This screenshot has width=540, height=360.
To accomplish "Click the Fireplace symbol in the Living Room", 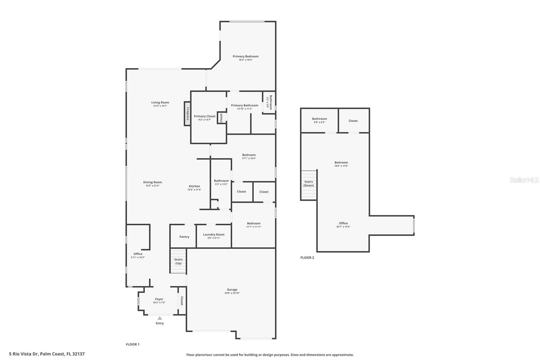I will pyautogui.click(x=187, y=114).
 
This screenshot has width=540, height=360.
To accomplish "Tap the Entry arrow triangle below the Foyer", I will pyautogui.click(x=160, y=318).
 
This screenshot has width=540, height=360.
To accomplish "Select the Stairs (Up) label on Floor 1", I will pyautogui.click(x=178, y=261).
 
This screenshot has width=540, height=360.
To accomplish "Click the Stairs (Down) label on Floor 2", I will pyautogui.click(x=308, y=183).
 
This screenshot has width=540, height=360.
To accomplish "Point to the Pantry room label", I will pyautogui.click(x=184, y=237).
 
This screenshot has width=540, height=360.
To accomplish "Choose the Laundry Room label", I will pyautogui.click(x=214, y=234).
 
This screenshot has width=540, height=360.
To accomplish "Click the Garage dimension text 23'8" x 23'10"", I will pyautogui.click(x=232, y=293).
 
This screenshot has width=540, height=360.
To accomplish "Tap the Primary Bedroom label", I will pyautogui.click(x=245, y=56).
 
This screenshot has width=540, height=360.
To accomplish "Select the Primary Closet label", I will pyautogui.click(x=205, y=116).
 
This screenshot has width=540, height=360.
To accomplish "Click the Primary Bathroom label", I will pyautogui.click(x=244, y=105).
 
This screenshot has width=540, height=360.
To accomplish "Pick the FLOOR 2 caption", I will pyautogui.click(x=307, y=258).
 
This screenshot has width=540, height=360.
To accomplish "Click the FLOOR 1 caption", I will pyautogui.click(x=133, y=344).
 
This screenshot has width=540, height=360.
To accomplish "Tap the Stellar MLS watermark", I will pyautogui.click(x=524, y=180).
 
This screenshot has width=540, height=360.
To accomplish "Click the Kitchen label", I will pyautogui.click(x=194, y=186).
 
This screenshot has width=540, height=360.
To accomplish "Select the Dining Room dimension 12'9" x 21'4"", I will pyautogui.click(x=153, y=186).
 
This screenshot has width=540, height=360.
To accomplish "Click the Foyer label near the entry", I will pyautogui.click(x=159, y=299).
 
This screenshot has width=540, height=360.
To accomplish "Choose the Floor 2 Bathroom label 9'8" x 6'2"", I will pyautogui.click(x=319, y=119).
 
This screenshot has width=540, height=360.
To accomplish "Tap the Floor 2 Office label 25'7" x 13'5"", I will pyautogui.click(x=343, y=223).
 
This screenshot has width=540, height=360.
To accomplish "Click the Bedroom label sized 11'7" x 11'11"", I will pyautogui.click(x=253, y=223).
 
